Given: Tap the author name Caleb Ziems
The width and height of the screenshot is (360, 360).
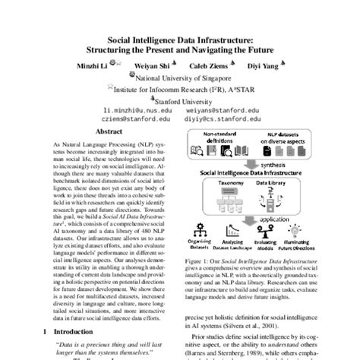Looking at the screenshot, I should click(210, 65).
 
